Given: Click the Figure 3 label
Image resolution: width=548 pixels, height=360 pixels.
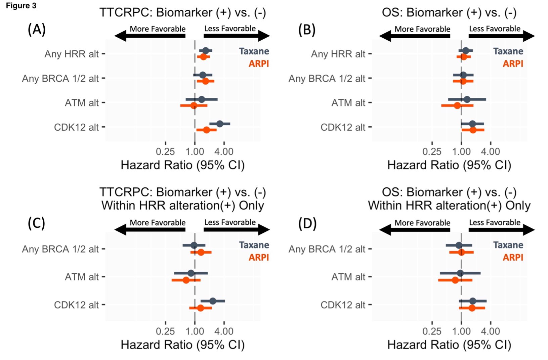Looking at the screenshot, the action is pos(21,5).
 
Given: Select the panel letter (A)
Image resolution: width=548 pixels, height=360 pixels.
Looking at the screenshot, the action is pos(37,30).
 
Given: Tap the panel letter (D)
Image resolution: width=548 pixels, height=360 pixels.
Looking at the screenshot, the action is pos(307,223).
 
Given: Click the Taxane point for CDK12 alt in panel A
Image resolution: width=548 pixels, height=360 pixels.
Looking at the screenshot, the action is pos(220,124).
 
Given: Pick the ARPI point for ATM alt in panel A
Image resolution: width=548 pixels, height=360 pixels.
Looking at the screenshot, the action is pos(194,105).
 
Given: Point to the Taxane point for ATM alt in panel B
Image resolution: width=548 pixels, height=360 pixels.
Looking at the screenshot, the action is pos(467,99).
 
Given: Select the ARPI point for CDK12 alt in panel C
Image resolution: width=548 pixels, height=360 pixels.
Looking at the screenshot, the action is pos(200,308).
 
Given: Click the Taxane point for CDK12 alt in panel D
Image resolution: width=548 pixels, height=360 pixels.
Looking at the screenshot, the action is pos(473,301).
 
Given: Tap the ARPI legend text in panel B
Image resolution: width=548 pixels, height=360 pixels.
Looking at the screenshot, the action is pos(513,64).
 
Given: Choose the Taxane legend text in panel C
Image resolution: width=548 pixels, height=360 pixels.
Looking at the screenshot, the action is pos(254,245).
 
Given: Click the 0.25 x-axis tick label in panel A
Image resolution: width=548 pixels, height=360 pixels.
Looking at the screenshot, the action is pos(165,152).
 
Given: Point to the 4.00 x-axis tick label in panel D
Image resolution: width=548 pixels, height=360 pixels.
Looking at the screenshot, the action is pos(491,331).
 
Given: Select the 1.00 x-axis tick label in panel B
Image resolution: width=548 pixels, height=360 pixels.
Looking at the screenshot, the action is pos(461,152).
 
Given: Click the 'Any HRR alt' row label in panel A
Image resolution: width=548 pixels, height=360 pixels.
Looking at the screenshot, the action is pos(72,54).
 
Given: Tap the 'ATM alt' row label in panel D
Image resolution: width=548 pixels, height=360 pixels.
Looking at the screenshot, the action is pos(348,277).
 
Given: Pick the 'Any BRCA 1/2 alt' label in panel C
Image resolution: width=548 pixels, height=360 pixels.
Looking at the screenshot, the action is pos(60,249).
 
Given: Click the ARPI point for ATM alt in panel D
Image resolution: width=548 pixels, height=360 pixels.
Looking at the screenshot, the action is pos(455,280).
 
